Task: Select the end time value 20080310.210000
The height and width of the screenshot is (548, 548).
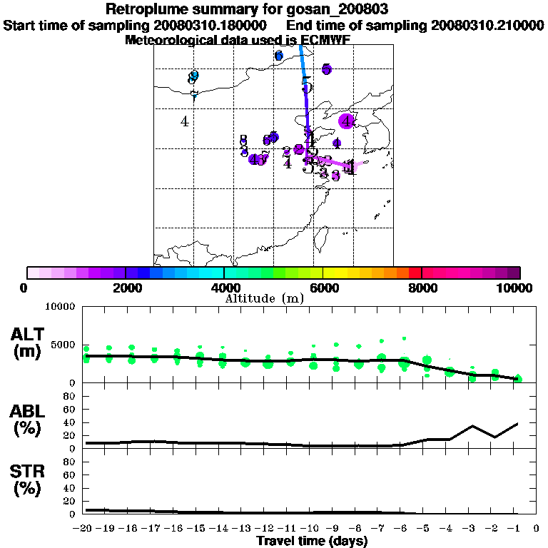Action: [487, 25]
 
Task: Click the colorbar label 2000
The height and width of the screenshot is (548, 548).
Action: [125, 288]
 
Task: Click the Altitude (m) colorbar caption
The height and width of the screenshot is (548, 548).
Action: [264, 298]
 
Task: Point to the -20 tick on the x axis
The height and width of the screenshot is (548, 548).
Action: [85, 529]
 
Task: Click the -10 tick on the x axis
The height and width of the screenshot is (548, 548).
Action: [311, 529]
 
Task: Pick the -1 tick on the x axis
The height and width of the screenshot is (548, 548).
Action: [516, 529]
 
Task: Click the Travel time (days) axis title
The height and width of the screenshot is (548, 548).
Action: [312, 542]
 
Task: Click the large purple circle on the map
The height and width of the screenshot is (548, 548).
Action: [347, 121]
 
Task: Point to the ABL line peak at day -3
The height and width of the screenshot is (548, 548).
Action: [472, 426]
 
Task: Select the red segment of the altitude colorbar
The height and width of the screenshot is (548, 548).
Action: [415, 273]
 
